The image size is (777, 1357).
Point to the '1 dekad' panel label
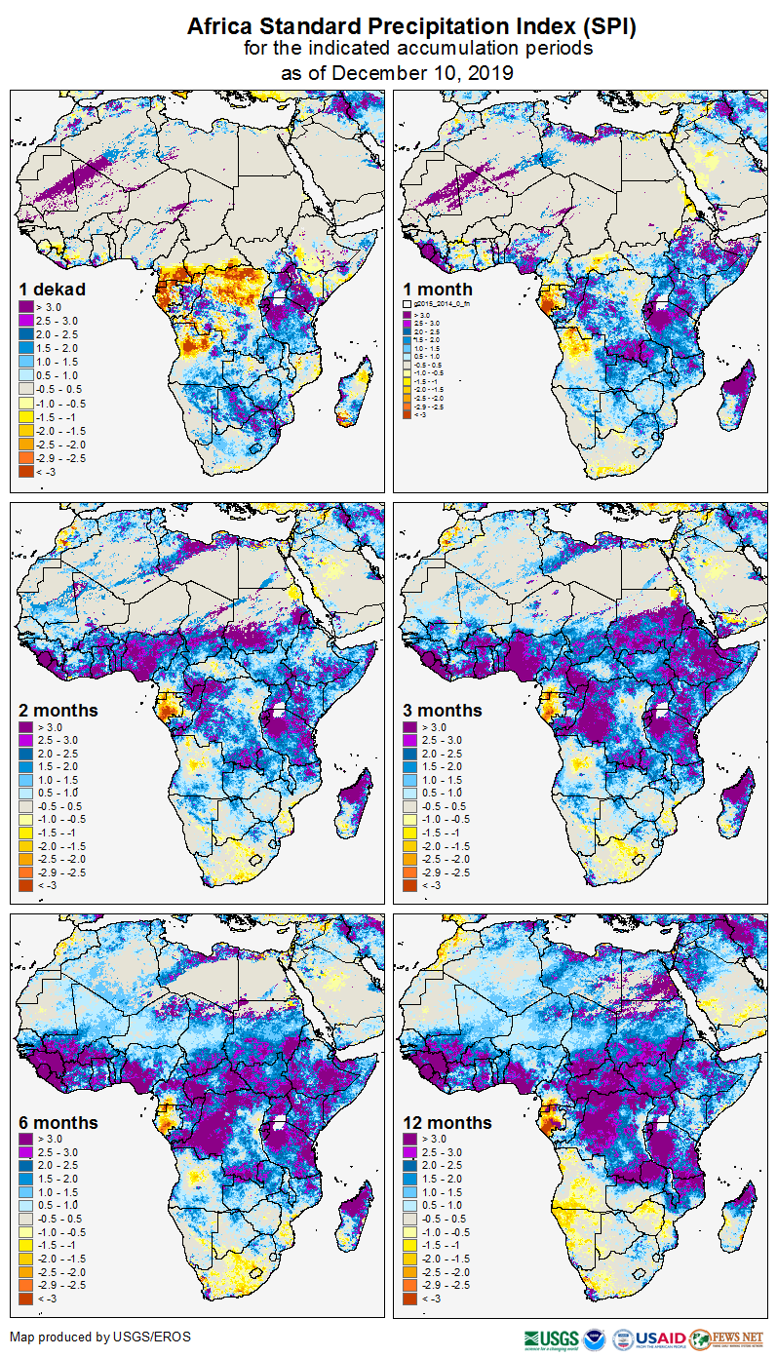coord(52,290)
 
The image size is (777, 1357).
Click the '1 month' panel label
coord(438,290)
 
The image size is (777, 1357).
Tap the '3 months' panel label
coord(443,711)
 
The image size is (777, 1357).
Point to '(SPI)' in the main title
coord(604,28)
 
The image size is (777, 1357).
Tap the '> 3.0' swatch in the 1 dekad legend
coord(26,307)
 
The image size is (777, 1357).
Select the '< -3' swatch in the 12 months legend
coord(410,1299)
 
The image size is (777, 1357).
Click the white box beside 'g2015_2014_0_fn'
coord(408,305)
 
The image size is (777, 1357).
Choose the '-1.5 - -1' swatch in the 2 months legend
coord(26,833)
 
